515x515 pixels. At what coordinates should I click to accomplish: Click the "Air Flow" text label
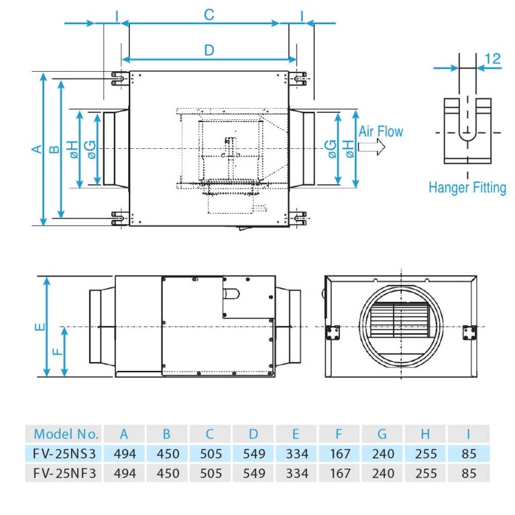(x=381, y=131)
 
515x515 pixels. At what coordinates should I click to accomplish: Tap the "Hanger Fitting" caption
(x=467, y=187)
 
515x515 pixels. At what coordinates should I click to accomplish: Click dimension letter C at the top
(x=209, y=14)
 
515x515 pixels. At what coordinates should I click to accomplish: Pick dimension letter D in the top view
(x=209, y=50)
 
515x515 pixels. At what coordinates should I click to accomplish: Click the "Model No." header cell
(x=66, y=433)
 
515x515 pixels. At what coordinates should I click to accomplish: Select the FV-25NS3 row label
(x=66, y=453)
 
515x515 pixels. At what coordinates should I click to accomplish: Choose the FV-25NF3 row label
(x=66, y=473)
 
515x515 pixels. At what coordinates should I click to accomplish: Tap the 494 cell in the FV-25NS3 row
(x=124, y=453)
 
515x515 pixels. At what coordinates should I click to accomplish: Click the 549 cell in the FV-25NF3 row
(x=253, y=473)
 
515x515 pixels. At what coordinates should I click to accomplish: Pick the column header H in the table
(x=426, y=433)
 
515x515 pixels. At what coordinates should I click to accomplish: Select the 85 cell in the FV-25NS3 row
(x=469, y=453)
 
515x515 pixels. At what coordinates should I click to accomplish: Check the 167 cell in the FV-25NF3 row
(x=340, y=473)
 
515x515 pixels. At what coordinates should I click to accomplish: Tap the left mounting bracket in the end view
(x=333, y=333)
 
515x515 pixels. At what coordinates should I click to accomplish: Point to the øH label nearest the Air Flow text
(x=348, y=149)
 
